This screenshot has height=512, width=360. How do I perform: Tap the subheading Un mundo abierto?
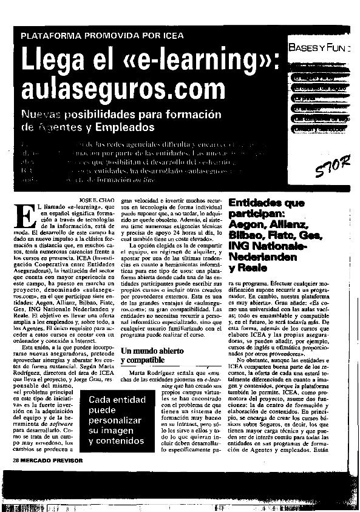[x=145, y=350]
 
